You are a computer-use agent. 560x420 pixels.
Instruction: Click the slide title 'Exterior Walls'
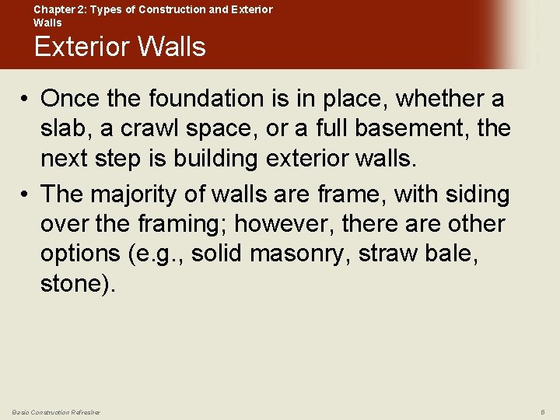(120, 47)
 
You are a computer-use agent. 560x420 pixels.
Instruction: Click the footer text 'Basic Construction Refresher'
(56, 411)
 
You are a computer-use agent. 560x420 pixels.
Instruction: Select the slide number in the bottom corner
(542, 411)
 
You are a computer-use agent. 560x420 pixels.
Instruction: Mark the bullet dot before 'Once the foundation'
(26, 100)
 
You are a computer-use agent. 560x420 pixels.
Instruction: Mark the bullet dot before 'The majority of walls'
(26, 194)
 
